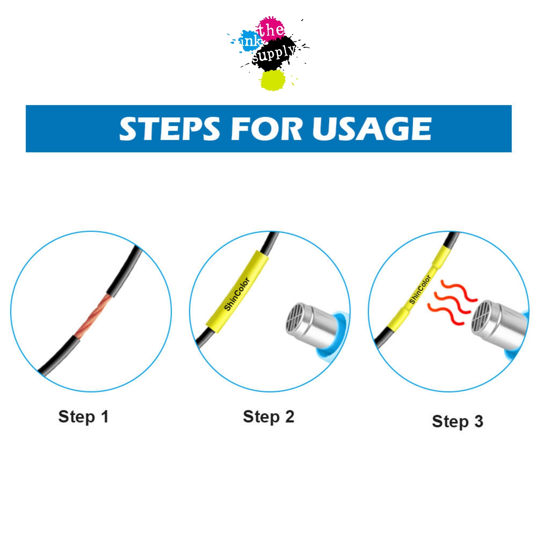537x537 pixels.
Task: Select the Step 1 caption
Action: (x=84, y=417)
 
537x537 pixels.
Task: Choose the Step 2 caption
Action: (x=268, y=417)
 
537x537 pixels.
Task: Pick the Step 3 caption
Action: (x=458, y=422)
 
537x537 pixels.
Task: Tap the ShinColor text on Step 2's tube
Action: (x=237, y=294)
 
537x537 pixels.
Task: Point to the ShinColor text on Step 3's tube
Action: (x=420, y=289)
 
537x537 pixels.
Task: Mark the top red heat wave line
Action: (x=459, y=291)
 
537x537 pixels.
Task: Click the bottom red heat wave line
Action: (x=445, y=314)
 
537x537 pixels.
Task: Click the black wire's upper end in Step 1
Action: (x=139, y=247)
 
